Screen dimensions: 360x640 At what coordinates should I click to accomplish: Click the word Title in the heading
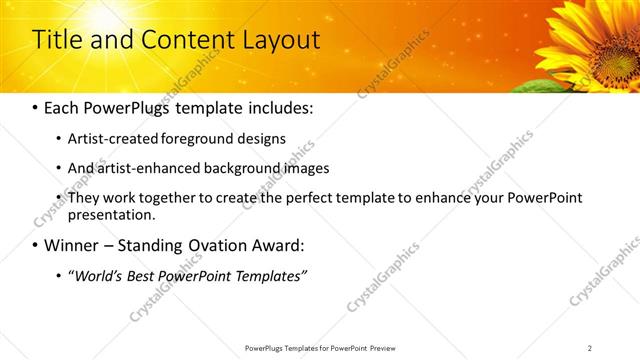[56, 40]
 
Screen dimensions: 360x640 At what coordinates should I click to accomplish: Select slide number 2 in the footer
[590, 348]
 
